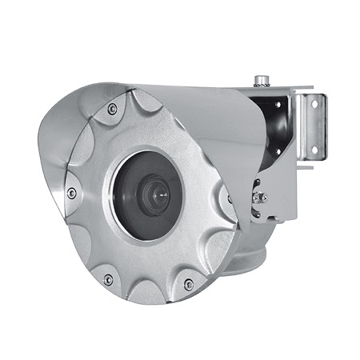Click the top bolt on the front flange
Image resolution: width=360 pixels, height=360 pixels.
tap(112, 107)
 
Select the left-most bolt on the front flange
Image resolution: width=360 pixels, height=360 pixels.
tap(72, 193)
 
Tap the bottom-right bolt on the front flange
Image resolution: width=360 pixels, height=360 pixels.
tap(189, 283)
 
